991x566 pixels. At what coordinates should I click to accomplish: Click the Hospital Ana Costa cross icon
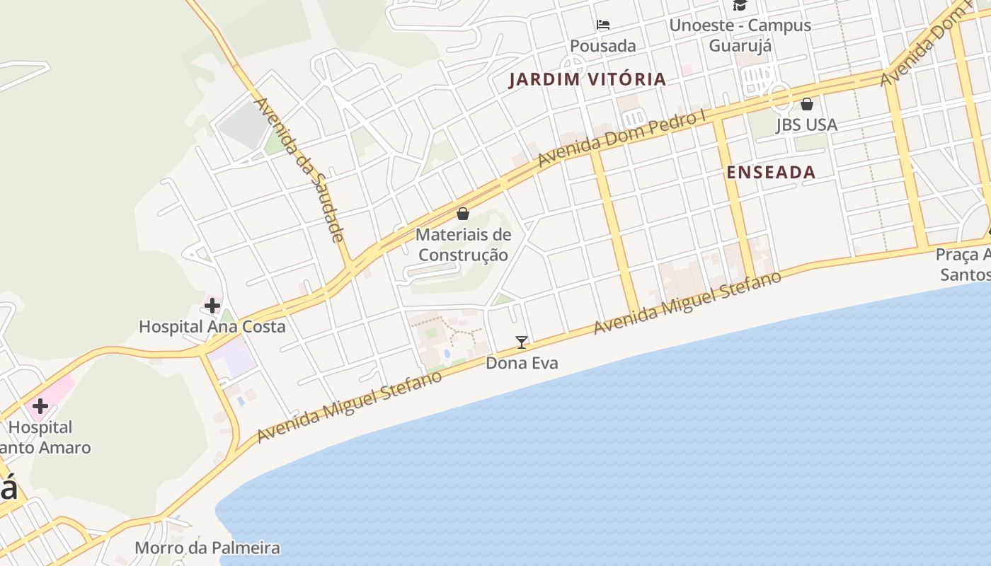(x=212, y=306)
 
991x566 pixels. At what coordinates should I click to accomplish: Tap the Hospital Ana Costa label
(x=212, y=327)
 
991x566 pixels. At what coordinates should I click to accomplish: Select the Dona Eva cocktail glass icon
(x=522, y=342)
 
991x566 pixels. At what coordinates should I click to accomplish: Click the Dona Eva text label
(x=522, y=364)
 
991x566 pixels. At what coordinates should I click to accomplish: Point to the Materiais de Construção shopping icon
(x=463, y=213)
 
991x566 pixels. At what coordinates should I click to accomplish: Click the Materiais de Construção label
(x=463, y=244)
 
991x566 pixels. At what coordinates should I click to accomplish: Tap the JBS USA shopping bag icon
(x=807, y=104)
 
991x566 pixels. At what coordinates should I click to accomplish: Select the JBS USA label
(x=807, y=125)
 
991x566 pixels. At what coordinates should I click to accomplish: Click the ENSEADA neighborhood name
(x=771, y=172)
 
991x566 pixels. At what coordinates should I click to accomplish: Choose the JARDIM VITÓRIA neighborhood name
(x=588, y=79)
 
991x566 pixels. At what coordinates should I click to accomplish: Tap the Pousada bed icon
(x=603, y=25)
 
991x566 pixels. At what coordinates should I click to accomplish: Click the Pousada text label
(x=603, y=46)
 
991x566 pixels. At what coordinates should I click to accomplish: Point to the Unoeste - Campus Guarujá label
(x=740, y=35)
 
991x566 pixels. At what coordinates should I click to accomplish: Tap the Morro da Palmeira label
(x=207, y=548)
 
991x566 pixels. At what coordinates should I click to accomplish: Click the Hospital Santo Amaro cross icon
(x=40, y=406)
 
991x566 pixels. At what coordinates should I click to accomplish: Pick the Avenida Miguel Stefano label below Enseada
(x=687, y=302)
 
